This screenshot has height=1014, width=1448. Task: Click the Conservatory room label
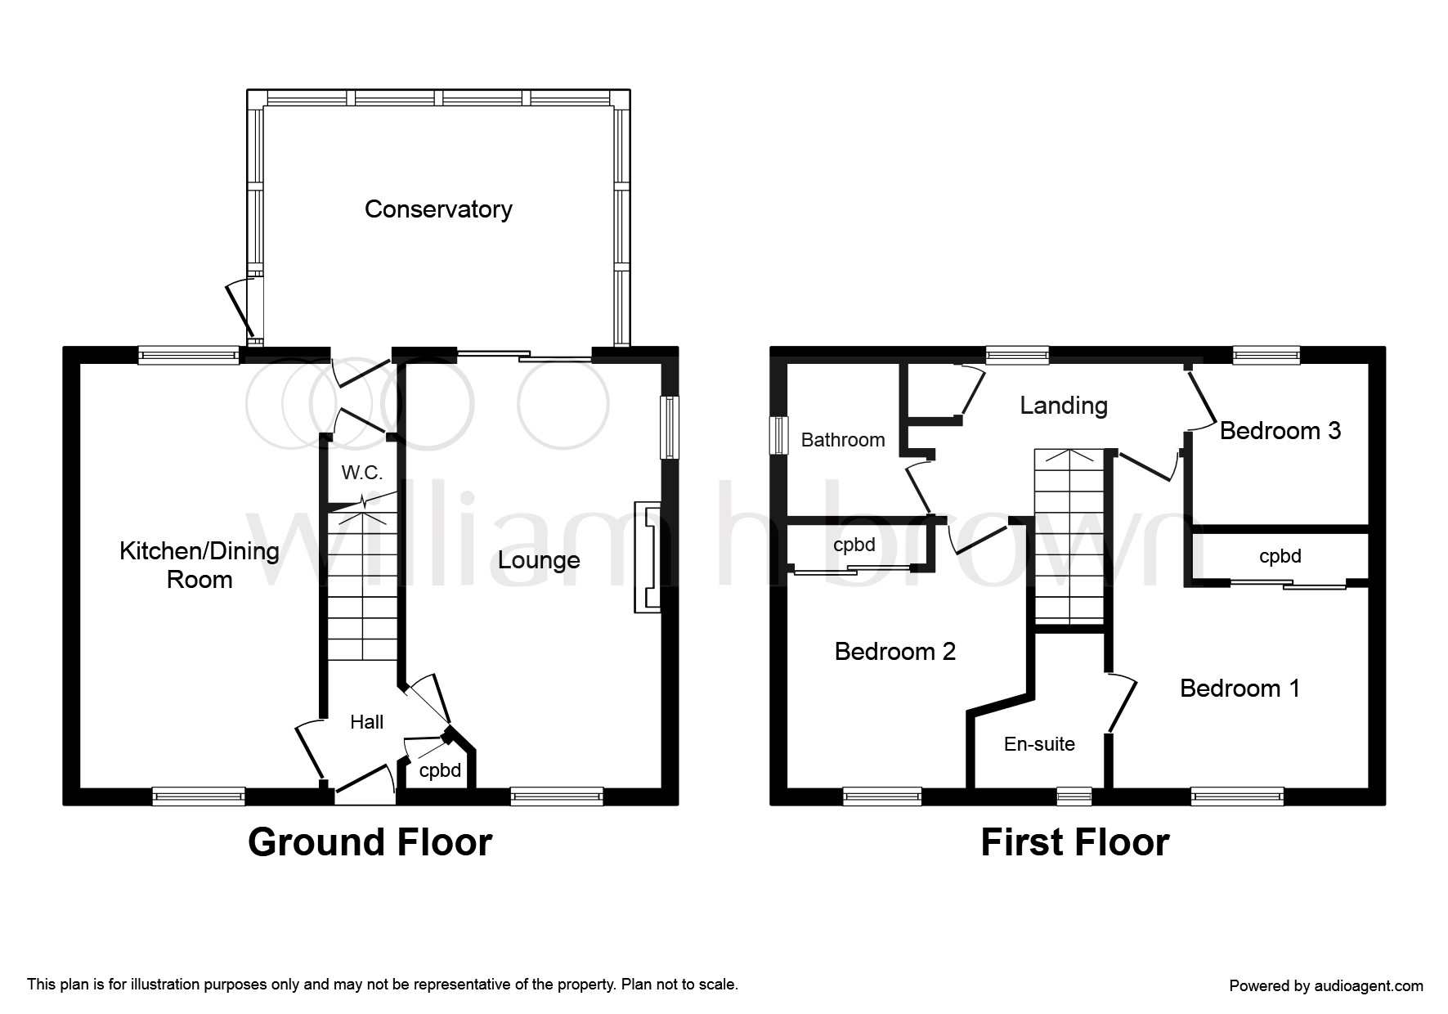tap(438, 209)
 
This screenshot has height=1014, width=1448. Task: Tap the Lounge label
tap(539, 560)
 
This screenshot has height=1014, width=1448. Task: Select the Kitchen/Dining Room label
tap(199, 565)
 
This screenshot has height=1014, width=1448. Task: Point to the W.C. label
tap(362, 473)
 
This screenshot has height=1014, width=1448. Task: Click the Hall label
tap(366, 722)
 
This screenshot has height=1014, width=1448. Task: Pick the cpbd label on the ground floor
tap(440, 770)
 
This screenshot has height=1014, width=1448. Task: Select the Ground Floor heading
tap(370, 842)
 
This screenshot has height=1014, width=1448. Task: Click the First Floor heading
tap(1075, 842)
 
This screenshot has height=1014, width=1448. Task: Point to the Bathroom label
tap(843, 440)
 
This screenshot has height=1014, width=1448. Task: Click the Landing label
tap(1064, 406)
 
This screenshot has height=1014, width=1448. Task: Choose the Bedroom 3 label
tap(1280, 431)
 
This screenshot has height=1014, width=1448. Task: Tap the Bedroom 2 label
tap(895, 652)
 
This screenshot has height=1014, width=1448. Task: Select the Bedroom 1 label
tap(1240, 689)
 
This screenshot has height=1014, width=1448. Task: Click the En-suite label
tap(1039, 744)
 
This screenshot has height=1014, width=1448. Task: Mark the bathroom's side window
tap(779, 434)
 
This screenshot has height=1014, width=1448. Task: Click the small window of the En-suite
tap(1074, 796)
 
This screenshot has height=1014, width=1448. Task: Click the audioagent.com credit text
tap(1326, 986)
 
